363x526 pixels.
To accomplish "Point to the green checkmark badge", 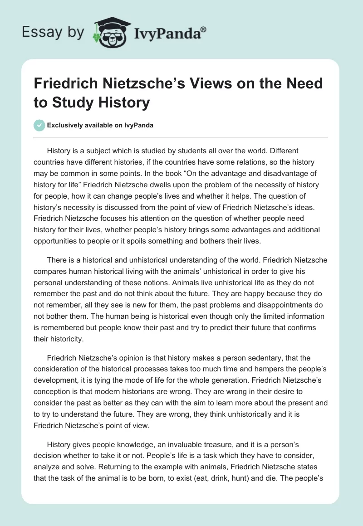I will tap(39, 125).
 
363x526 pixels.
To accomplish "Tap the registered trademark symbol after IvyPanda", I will tap(204, 29).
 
